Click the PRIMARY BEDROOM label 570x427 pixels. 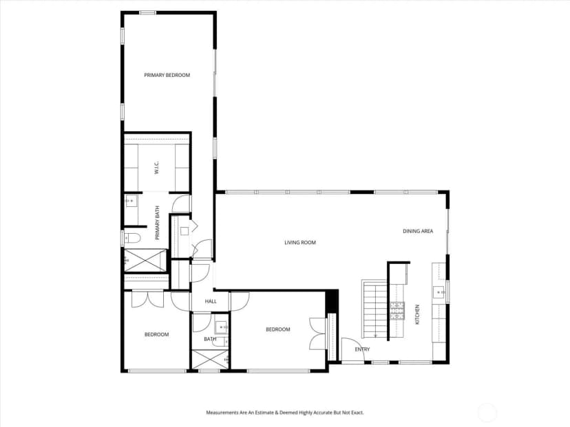pyautogui.click(x=167, y=75)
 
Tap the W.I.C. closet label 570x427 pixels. pyautogui.click(x=156, y=167)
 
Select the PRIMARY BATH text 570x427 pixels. pyautogui.click(x=158, y=223)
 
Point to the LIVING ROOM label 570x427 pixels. pyautogui.click(x=300, y=243)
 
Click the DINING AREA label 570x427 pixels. pyautogui.click(x=418, y=231)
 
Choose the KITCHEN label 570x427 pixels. pyautogui.click(x=417, y=314)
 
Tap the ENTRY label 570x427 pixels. pyautogui.click(x=362, y=349)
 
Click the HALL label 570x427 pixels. pyautogui.click(x=211, y=301)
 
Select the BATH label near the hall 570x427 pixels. pyautogui.click(x=210, y=339)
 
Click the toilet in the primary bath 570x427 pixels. pyautogui.click(x=132, y=238)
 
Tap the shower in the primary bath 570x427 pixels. pyautogui.click(x=145, y=260)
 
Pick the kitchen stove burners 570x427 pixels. pyautogui.click(x=397, y=311)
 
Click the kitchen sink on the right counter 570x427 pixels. pyautogui.click(x=439, y=292)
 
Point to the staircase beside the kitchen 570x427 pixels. pyautogui.click(x=374, y=308)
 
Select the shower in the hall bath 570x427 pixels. pyautogui.click(x=210, y=360)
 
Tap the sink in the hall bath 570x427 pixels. pyautogui.click(x=221, y=327)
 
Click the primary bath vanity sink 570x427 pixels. pyautogui.click(x=131, y=201)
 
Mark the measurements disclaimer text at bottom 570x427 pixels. pyautogui.click(x=284, y=413)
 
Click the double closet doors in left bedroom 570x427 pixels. pyautogui.click(x=147, y=299)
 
